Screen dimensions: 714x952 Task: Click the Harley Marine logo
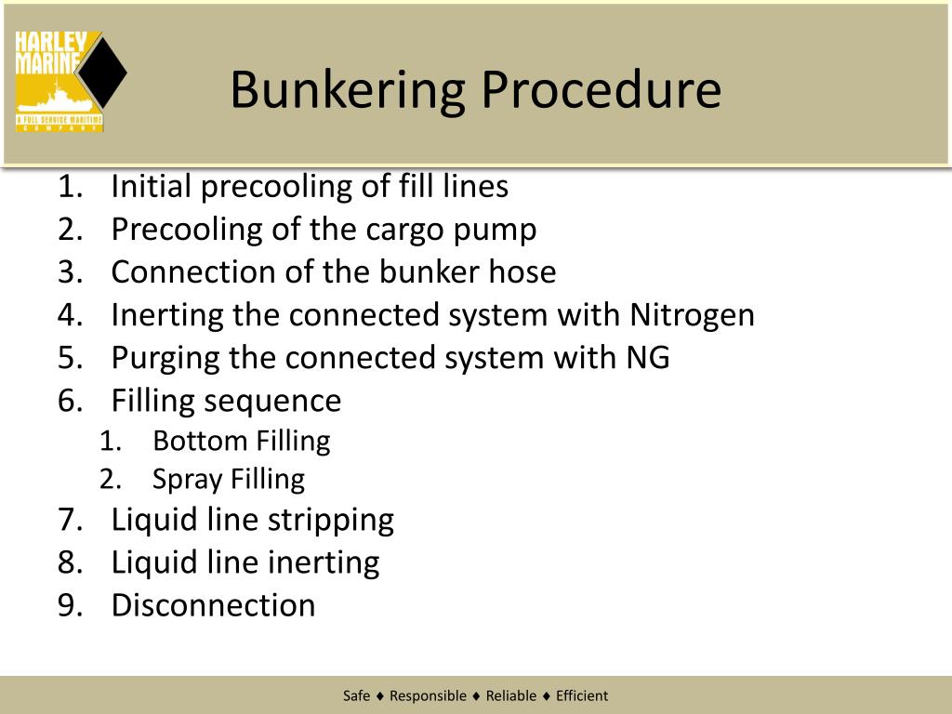coord(70,81)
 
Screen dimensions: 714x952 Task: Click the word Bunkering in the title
coord(347,91)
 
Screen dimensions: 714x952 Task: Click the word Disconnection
coord(213,605)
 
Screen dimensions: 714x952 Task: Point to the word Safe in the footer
coord(356,695)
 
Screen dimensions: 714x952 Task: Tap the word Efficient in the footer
coord(582,695)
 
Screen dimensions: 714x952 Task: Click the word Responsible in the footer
coord(428,695)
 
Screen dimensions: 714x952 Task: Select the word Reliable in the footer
coord(511,695)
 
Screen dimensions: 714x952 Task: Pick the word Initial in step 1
coord(152,187)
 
